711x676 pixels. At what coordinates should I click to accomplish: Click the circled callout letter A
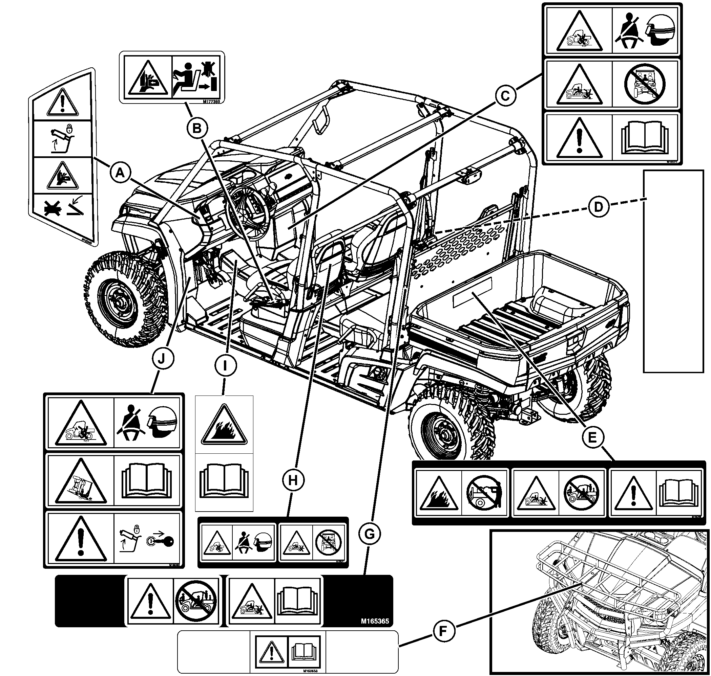point(120,173)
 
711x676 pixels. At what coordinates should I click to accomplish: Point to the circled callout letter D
point(598,207)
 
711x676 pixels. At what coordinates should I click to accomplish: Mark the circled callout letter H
point(293,480)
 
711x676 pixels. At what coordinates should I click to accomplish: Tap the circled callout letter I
point(226,366)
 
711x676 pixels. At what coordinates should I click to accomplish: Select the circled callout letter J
point(162,359)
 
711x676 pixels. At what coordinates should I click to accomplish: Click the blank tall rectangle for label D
point(673,271)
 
